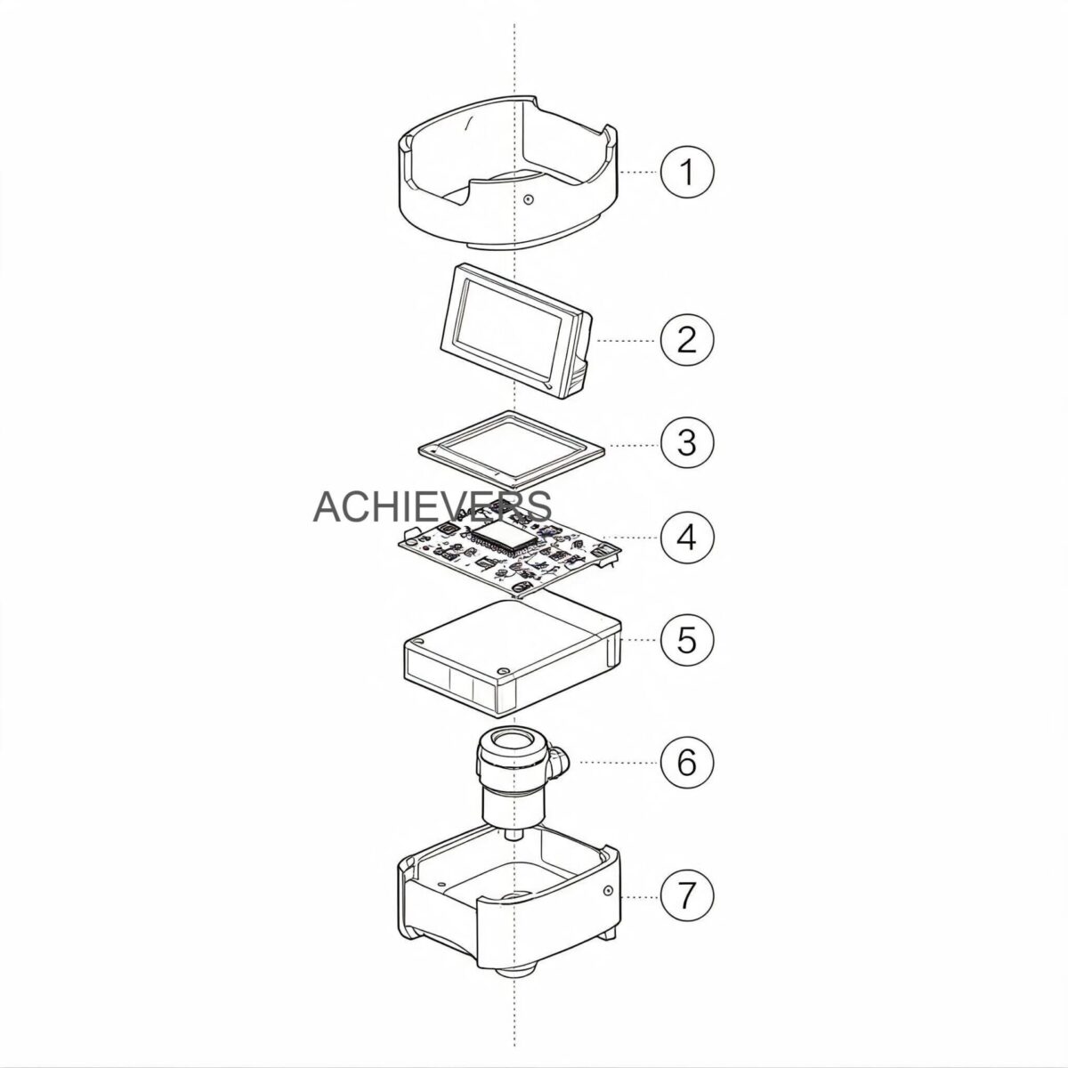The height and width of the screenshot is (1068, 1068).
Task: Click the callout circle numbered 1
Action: tap(687, 172)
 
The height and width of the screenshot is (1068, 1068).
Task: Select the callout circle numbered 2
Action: tap(687, 340)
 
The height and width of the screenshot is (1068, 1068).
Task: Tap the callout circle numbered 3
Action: tap(687, 443)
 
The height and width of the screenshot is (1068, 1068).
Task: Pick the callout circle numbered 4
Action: tap(687, 537)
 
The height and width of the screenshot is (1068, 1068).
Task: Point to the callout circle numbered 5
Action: tap(687, 640)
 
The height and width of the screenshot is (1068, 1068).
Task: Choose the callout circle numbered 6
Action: tap(687, 762)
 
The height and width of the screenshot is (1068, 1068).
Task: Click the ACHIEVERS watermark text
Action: tap(433, 506)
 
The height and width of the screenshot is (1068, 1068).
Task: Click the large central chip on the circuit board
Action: tap(505, 537)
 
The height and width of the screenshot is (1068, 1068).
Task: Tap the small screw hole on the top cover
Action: tap(528, 198)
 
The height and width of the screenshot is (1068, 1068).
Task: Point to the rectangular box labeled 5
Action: tap(513, 656)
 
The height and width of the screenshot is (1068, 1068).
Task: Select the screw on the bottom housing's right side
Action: tap(609, 906)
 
